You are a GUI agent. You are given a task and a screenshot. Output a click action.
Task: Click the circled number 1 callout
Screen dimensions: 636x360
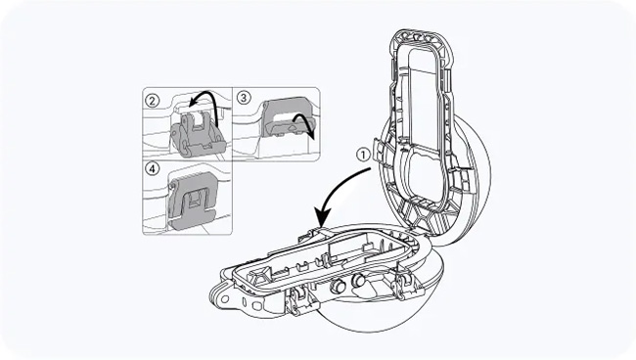(x=363, y=155)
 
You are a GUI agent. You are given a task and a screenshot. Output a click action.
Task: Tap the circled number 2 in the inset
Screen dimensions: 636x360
(x=152, y=100)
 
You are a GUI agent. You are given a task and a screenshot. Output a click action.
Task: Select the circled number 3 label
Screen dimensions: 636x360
(x=244, y=98)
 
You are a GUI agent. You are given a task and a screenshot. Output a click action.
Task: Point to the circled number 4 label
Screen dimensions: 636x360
(x=152, y=168)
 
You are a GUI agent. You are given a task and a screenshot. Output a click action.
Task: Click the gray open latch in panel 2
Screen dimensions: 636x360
(x=197, y=136)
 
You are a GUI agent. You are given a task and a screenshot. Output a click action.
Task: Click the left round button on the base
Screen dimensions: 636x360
(x=339, y=286)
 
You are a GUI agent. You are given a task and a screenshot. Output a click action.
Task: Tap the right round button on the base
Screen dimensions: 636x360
(x=358, y=280)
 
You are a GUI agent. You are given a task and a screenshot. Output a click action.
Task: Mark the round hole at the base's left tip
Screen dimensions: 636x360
(x=225, y=299)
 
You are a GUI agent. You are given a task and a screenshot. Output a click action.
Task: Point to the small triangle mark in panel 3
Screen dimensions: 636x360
(x=292, y=126)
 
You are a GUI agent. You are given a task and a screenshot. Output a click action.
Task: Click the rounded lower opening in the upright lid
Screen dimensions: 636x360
(x=426, y=169)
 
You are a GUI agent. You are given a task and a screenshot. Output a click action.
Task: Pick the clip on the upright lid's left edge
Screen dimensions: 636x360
(x=378, y=150)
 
